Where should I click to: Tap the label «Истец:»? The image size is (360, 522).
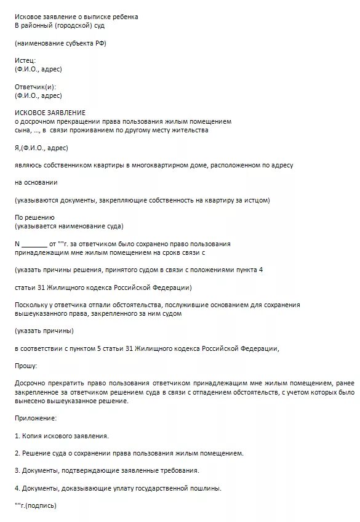[25, 60]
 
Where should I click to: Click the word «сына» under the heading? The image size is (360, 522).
[22, 130]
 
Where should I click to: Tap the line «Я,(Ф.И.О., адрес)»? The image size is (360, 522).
[41, 148]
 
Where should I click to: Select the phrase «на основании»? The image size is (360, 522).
[36, 183]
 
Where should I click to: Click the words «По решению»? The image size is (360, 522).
[34, 218]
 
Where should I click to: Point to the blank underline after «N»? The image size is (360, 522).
[34, 244]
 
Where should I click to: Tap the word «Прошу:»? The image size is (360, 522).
[26, 366]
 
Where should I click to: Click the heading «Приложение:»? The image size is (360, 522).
[35, 418]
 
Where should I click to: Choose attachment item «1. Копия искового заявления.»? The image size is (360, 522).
[62, 436]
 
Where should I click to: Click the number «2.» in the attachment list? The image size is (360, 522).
[17, 453]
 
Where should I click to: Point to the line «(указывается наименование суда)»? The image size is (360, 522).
[69, 227]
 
